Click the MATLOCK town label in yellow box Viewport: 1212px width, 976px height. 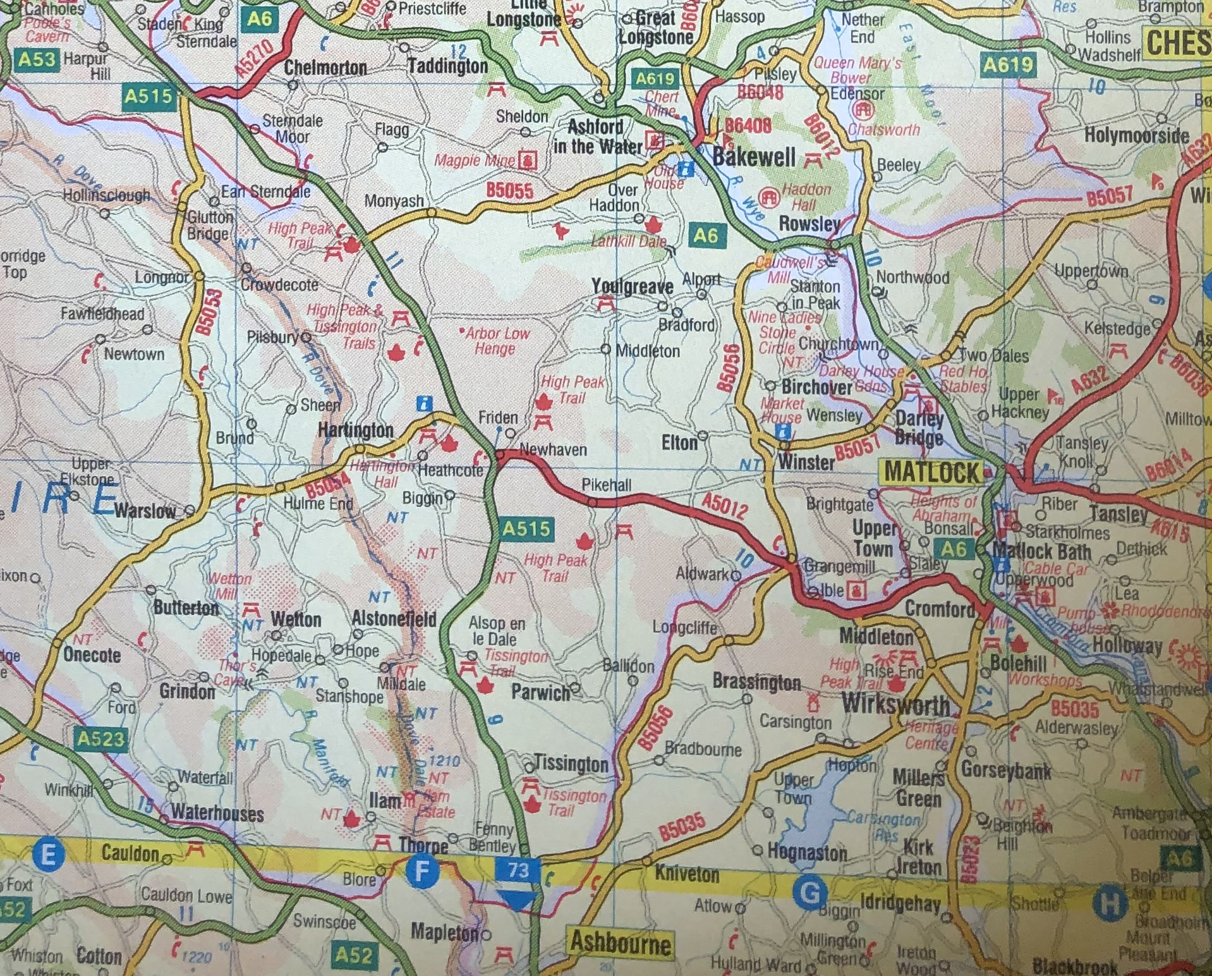point(931,472)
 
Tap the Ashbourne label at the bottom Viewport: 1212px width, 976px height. point(621,943)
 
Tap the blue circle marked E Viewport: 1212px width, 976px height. point(47,855)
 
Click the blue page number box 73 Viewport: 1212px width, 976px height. point(518,870)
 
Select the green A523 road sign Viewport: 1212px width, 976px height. point(101,738)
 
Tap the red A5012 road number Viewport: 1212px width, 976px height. point(725,506)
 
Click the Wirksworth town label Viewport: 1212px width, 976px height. point(895,705)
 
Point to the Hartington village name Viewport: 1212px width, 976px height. point(355,430)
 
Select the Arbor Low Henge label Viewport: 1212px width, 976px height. point(497,341)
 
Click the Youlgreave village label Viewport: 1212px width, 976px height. point(632,286)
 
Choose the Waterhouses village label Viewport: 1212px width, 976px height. point(217,813)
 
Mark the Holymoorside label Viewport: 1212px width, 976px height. point(1136,135)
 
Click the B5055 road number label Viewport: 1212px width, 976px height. point(509,190)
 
